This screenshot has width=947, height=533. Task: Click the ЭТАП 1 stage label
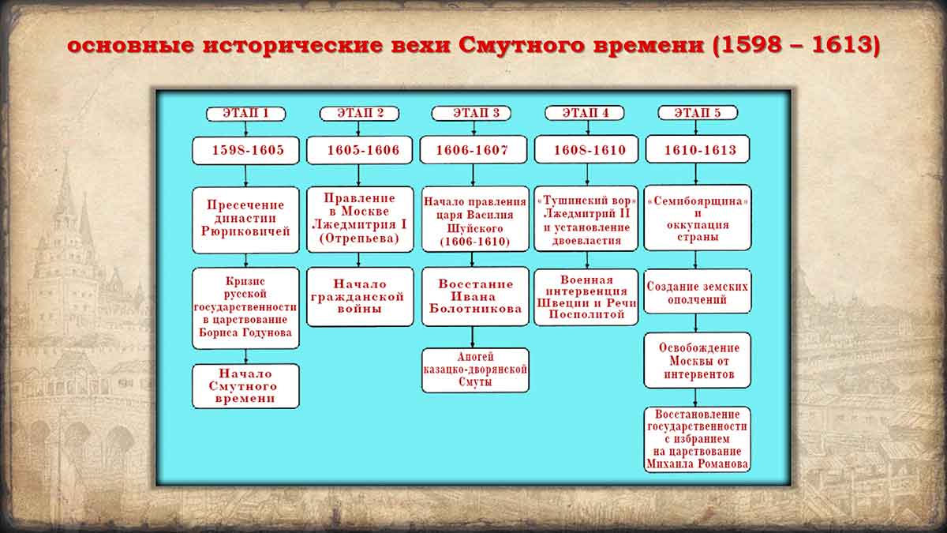point(245,114)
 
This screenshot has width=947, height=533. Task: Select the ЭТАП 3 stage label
point(470,114)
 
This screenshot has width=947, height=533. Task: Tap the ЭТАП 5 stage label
point(697,114)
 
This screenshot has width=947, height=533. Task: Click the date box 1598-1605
point(245,150)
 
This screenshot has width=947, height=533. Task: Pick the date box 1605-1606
point(359,150)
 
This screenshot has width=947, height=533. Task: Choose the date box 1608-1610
point(586,150)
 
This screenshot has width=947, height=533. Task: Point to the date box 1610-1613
point(697,150)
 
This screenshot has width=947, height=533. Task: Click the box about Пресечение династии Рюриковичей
point(245,219)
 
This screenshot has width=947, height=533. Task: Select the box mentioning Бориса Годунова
point(245,307)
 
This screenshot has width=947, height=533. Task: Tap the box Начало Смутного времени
point(245,386)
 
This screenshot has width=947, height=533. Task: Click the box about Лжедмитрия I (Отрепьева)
point(359,218)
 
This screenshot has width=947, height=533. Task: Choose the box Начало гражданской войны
point(359,296)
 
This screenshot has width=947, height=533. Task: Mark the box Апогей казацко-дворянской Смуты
point(474,370)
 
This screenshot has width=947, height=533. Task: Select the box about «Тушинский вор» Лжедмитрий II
point(586,218)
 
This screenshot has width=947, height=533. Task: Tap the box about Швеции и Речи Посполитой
point(586,296)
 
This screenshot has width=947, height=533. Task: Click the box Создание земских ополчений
point(697,292)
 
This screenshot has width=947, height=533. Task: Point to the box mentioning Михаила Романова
point(697,439)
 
